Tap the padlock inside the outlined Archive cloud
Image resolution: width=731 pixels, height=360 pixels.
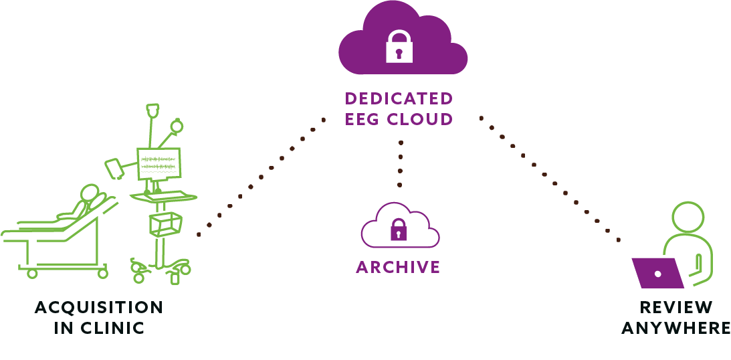coord(398,230)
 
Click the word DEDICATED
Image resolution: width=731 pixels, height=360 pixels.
coord(399,98)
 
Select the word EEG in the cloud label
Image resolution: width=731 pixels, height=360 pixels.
coord(364,119)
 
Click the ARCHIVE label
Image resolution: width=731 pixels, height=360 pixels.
coord(398,267)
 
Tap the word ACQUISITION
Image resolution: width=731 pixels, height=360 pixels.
coord(99,308)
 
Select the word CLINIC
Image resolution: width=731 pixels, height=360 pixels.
coord(112,328)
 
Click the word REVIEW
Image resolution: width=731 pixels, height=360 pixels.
coord(676,308)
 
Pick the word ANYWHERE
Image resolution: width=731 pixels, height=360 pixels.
coord(676,328)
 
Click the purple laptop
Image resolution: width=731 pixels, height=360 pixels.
coord(657,273)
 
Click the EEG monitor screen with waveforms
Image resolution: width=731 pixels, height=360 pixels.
coord(159,164)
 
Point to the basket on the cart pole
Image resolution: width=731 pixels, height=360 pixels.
coord(165,224)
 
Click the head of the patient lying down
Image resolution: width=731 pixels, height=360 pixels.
coord(90,193)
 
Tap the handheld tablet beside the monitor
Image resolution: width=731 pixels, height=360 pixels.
coord(114,169)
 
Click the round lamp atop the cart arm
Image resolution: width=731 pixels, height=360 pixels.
coord(176,126)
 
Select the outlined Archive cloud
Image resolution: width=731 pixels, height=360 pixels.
coord(400,226)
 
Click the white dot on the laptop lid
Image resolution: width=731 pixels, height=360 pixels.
coord(658,274)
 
